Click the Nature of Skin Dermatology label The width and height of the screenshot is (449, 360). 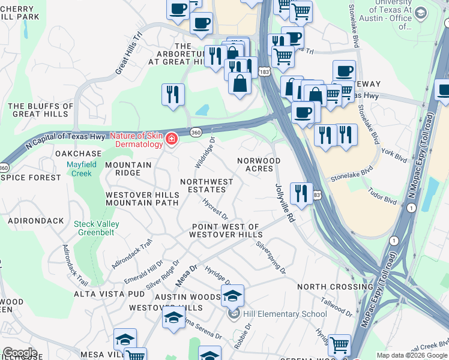(136, 140)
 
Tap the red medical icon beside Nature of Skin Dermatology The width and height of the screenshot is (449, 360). (172, 139)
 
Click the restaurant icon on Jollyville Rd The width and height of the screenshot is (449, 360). (301, 193)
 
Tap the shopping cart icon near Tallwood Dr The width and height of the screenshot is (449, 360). (339, 346)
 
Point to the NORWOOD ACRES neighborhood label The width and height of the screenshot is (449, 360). (259, 164)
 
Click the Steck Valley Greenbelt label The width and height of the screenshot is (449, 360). (96, 229)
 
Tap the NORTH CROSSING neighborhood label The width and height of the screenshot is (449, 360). (335, 287)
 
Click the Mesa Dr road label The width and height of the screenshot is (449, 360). (186, 275)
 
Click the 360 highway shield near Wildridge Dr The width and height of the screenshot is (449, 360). (196, 132)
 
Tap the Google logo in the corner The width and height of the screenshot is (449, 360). (20, 352)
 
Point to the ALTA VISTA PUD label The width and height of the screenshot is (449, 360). (109, 294)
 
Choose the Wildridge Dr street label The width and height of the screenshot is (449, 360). (205, 153)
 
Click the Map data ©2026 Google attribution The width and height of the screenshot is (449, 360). (412, 355)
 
